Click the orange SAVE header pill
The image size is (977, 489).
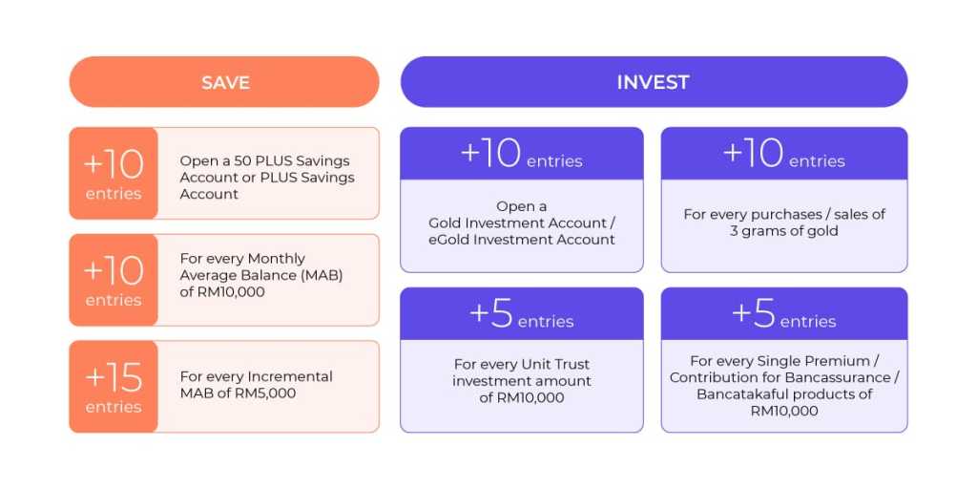224,82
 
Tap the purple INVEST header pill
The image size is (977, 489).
654,82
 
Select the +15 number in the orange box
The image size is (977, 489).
114,378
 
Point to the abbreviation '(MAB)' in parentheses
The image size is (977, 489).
322,275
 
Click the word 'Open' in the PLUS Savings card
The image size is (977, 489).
196,160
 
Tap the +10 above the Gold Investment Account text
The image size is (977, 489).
490,154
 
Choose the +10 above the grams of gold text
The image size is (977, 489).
753,154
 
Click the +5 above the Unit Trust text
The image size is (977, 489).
491,313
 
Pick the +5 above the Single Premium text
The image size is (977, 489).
754,313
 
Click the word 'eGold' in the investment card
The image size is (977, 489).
447,240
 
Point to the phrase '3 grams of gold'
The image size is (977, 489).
784,231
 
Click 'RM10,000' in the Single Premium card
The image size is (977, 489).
784,411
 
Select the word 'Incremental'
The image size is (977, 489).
290,376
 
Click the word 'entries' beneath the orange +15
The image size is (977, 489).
114,407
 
